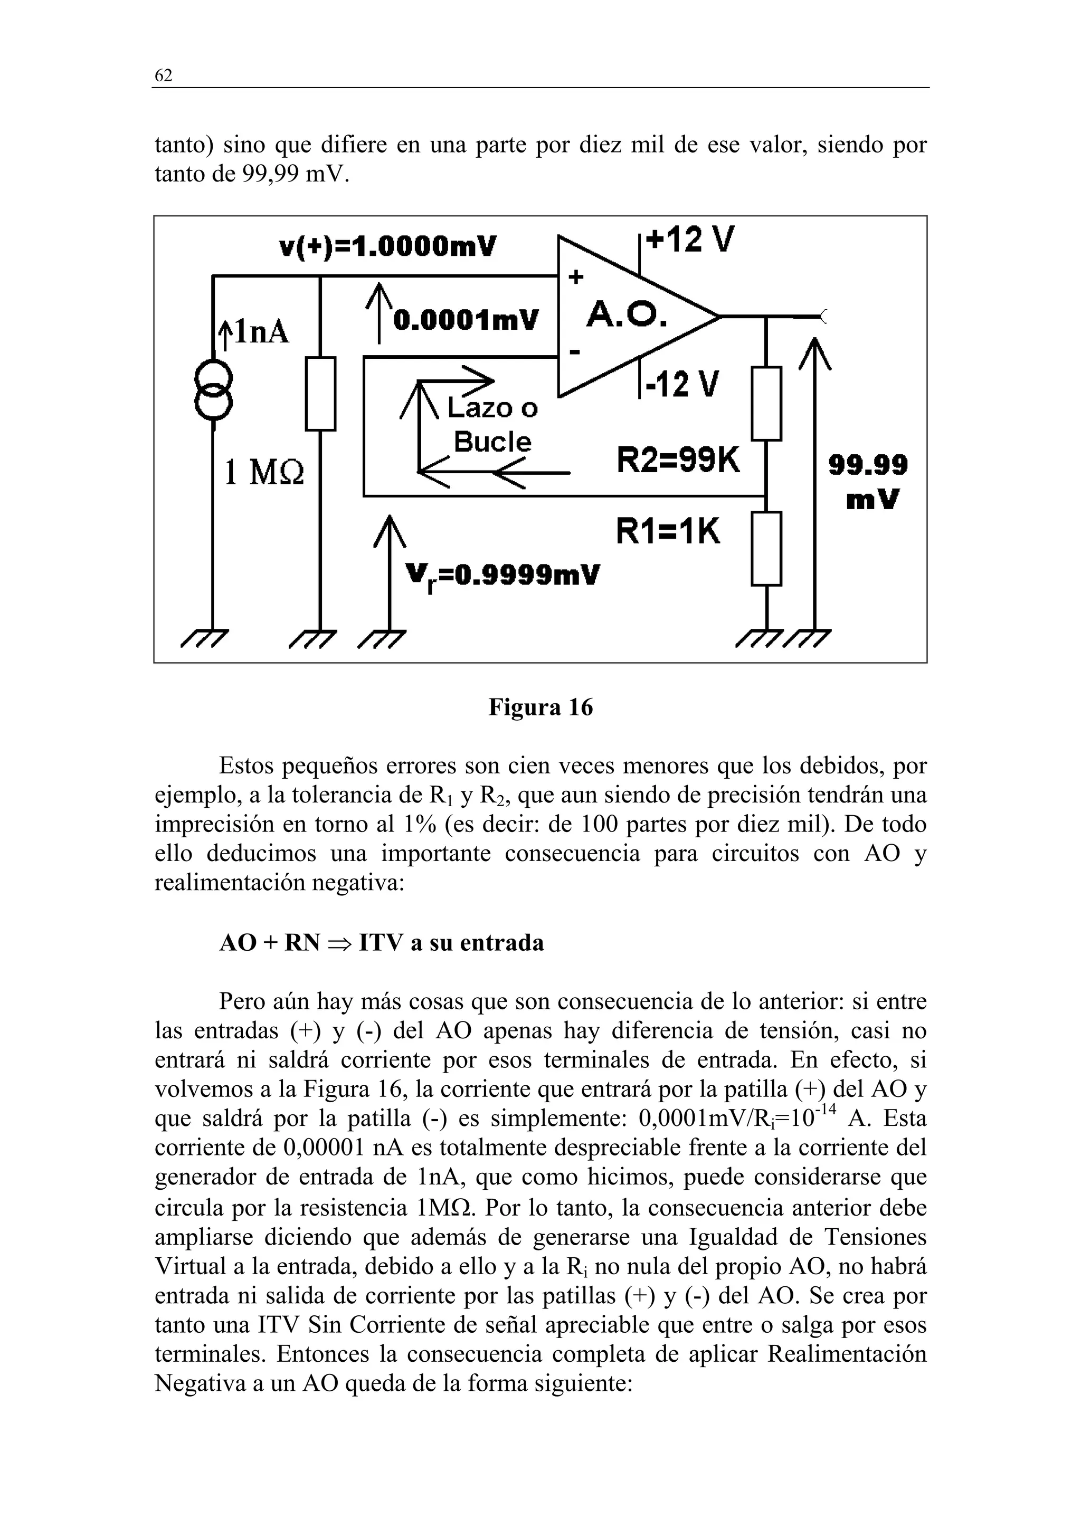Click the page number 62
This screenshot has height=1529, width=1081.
pyautogui.click(x=163, y=76)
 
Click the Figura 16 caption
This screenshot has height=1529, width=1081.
pyautogui.click(x=540, y=706)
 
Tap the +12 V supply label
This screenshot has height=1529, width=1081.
pyautogui.click(x=690, y=240)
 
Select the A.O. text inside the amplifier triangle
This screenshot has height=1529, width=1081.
pyautogui.click(x=626, y=316)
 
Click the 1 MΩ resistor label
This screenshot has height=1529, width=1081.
pyautogui.click(x=264, y=473)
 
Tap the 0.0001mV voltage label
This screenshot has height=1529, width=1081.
pyautogui.click(x=466, y=320)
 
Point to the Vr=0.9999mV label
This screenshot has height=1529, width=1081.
pyautogui.click(x=502, y=575)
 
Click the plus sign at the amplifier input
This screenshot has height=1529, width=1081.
pyautogui.click(x=575, y=277)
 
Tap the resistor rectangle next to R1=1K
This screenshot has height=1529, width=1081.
pyautogui.click(x=766, y=548)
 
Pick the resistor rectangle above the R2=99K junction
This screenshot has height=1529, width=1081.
pyautogui.click(x=766, y=404)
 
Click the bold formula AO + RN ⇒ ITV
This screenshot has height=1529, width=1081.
pyautogui.click(x=382, y=943)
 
